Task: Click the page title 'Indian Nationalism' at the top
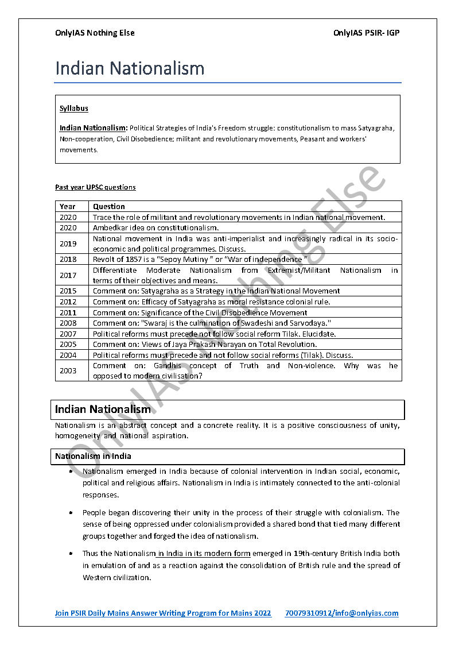tap(130, 68)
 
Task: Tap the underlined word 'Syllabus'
tap(73, 108)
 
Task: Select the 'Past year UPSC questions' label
tap(95, 187)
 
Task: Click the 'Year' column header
tap(67, 206)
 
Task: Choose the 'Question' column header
tap(109, 206)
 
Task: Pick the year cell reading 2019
tap(68, 244)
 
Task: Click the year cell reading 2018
tap(68, 259)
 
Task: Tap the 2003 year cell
tap(68, 370)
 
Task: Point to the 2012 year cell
tap(68, 302)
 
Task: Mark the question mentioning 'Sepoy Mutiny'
tap(200, 259)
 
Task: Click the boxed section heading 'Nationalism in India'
tap(93, 456)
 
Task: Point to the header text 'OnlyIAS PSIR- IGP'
tap(366, 33)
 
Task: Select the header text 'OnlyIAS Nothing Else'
tap(95, 33)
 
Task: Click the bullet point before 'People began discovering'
tap(70, 512)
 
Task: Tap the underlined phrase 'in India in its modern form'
tap(203, 554)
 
